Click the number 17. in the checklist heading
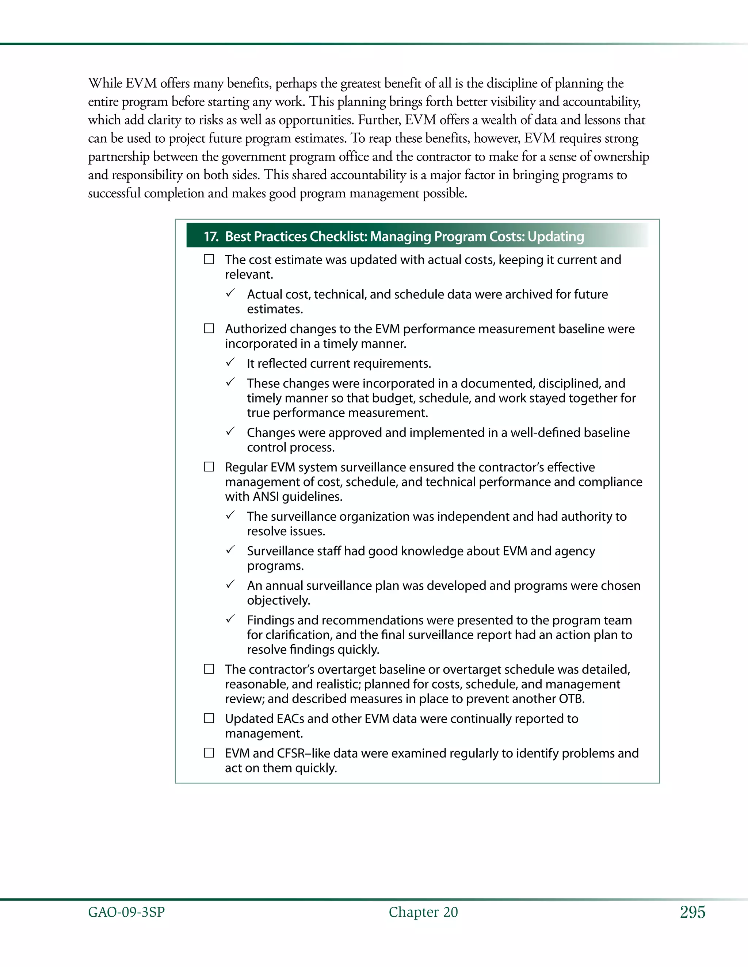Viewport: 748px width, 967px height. pyautogui.click(x=211, y=237)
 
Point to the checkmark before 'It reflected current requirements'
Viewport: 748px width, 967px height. pyautogui.click(x=230, y=362)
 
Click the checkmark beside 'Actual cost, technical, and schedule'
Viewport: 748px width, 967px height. pyautogui.click(x=230, y=293)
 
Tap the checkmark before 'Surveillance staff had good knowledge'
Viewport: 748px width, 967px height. pyautogui.click(x=230, y=550)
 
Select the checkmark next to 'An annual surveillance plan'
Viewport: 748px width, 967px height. pyautogui.click(x=230, y=585)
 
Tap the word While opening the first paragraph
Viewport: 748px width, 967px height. pyautogui.click(x=105, y=83)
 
